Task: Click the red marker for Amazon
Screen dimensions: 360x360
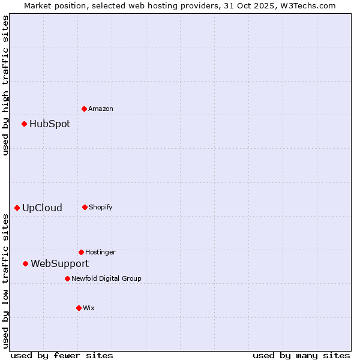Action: (x=85, y=109)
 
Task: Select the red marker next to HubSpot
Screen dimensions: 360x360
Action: (x=25, y=124)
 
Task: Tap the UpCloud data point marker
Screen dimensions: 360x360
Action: (x=17, y=208)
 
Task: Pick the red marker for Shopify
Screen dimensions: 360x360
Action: (x=85, y=207)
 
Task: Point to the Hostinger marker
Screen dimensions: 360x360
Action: (x=81, y=252)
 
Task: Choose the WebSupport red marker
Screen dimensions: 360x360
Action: (x=26, y=263)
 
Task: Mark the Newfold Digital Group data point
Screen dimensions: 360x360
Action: (x=67, y=278)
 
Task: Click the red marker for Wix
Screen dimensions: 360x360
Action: (x=79, y=308)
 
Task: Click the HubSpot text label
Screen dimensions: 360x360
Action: (x=50, y=124)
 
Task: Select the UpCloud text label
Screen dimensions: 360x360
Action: (x=42, y=208)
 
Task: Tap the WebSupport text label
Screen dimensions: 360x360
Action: (x=59, y=263)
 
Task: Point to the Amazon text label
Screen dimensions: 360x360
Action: (x=101, y=109)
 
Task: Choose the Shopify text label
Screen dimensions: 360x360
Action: (x=101, y=207)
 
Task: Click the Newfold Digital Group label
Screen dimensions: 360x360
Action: (x=106, y=278)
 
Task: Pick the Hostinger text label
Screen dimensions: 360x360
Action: (x=100, y=252)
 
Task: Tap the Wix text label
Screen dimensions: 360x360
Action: (x=89, y=308)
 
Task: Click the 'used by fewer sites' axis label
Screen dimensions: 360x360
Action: (x=62, y=355)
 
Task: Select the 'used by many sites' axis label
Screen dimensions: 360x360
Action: (x=301, y=355)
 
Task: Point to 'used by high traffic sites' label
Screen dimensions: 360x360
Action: (x=5, y=85)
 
